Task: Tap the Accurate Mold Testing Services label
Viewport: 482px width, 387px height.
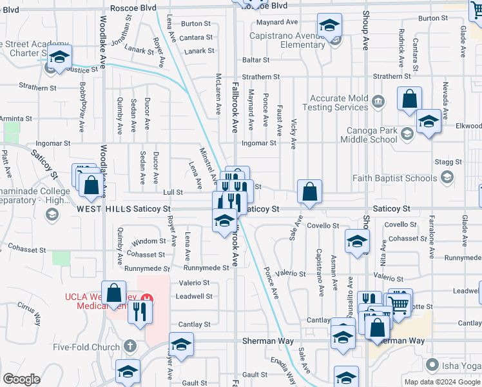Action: [338, 103]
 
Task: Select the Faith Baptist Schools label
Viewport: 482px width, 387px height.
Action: [394, 178]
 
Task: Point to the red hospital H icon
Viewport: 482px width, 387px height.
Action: [147, 299]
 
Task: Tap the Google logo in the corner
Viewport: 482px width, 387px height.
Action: [21, 379]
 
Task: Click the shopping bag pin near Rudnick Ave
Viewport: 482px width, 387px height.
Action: [409, 100]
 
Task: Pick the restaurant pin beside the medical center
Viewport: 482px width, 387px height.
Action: [139, 312]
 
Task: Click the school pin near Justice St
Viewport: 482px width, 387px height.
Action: [59, 57]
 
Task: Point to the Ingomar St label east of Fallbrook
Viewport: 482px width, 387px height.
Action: [258, 143]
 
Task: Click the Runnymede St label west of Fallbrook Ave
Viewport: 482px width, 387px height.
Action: [206, 268]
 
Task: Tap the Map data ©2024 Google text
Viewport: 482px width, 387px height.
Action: [441, 382]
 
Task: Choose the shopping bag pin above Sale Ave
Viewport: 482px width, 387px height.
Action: [309, 192]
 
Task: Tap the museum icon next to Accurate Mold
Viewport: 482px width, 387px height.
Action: [378, 101]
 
